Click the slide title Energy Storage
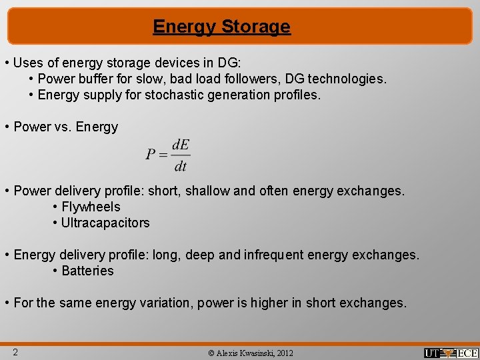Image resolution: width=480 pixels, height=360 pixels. click(x=221, y=27)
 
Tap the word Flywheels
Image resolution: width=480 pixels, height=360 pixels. click(x=91, y=207)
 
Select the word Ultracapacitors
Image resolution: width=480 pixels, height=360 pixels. click(x=105, y=223)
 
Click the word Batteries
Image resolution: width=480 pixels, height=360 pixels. click(x=87, y=271)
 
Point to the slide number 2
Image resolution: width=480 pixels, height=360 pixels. click(x=14, y=352)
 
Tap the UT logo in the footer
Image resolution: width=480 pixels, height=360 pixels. click(x=436, y=353)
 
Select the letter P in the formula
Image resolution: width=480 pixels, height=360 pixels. click(x=151, y=155)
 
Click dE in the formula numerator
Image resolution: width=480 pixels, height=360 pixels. click(x=180, y=145)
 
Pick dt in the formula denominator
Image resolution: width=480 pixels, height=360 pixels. click(x=180, y=166)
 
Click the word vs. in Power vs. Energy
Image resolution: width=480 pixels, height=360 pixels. click(x=63, y=127)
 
